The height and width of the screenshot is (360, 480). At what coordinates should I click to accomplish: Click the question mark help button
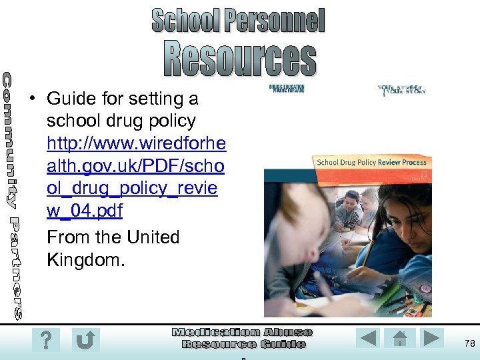pos(45,341)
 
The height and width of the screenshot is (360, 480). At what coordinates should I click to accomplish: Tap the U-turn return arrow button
pos(85,341)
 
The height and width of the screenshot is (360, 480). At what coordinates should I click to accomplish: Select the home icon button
pos(400,338)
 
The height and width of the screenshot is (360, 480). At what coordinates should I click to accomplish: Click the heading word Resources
pos(240,59)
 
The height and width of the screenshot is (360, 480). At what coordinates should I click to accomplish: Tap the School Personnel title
pos(238,20)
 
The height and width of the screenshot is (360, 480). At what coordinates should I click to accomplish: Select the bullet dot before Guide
pos(31,99)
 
